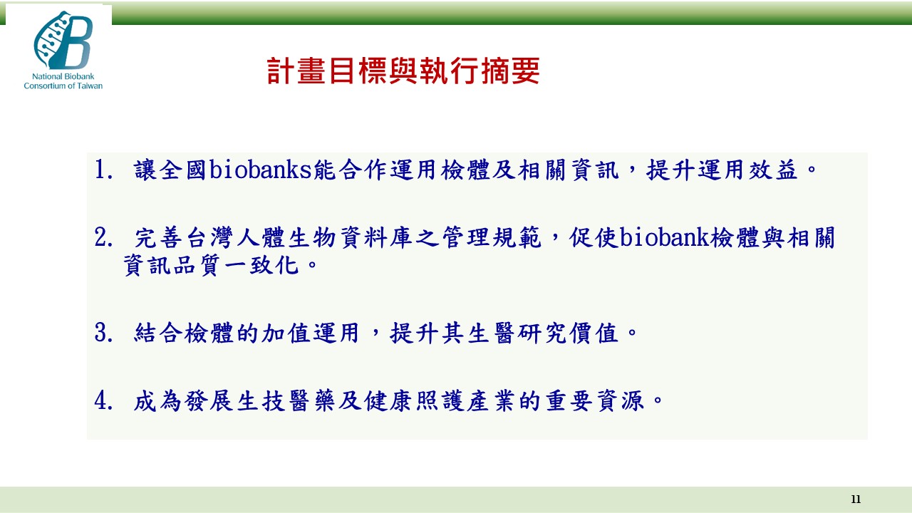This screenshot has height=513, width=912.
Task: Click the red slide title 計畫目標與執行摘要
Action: point(403,71)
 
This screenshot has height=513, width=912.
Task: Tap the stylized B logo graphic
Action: point(63,40)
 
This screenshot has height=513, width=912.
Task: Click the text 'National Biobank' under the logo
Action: point(63,76)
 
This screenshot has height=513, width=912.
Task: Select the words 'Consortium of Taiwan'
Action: point(63,85)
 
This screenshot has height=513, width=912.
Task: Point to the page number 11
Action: point(856,499)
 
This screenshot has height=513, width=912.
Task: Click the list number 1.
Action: point(103,170)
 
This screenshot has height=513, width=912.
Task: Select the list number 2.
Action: point(103,237)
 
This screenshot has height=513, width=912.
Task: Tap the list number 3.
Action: point(103,333)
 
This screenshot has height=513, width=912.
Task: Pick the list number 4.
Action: point(103,400)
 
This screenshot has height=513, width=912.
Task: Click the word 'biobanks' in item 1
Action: point(261,170)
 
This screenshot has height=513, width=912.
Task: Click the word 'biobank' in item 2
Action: point(665,237)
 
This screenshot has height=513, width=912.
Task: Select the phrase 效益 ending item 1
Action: point(774,170)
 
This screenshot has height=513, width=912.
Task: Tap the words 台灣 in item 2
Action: point(210,237)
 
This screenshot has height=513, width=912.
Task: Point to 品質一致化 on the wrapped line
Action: point(236,266)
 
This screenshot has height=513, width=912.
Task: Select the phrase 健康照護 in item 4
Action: point(414,400)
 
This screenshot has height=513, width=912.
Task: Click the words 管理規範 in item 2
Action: point(492,237)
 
